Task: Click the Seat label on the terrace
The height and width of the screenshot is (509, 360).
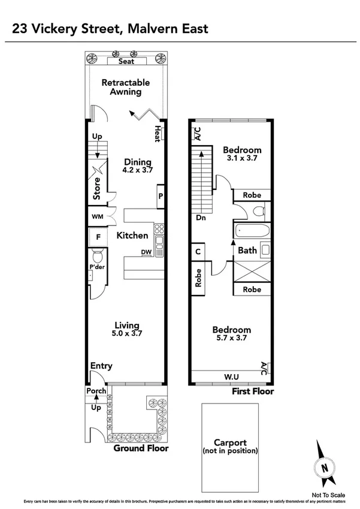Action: click(126, 61)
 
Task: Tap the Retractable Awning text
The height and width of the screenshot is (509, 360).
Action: click(126, 87)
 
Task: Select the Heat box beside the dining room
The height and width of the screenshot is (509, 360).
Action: click(158, 134)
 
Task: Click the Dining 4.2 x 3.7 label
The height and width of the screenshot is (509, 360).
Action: click(138, 165)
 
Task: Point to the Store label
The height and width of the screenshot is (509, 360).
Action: click(97, 188)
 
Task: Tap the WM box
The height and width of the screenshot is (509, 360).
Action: click(97, 216)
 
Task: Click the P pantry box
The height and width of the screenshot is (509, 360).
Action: click(161, 196)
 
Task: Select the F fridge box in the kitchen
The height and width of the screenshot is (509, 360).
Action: click(98, 236)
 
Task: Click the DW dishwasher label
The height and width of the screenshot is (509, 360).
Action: click(146, 252)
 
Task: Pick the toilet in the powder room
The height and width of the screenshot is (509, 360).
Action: click(96, 258)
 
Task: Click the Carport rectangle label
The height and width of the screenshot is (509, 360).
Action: click(229, 446)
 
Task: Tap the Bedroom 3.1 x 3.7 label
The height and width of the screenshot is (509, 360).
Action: click(242, 153)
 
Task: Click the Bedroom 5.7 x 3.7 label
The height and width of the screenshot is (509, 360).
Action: click(232, 333)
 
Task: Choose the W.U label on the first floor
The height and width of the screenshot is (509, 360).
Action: click(232, 377)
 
